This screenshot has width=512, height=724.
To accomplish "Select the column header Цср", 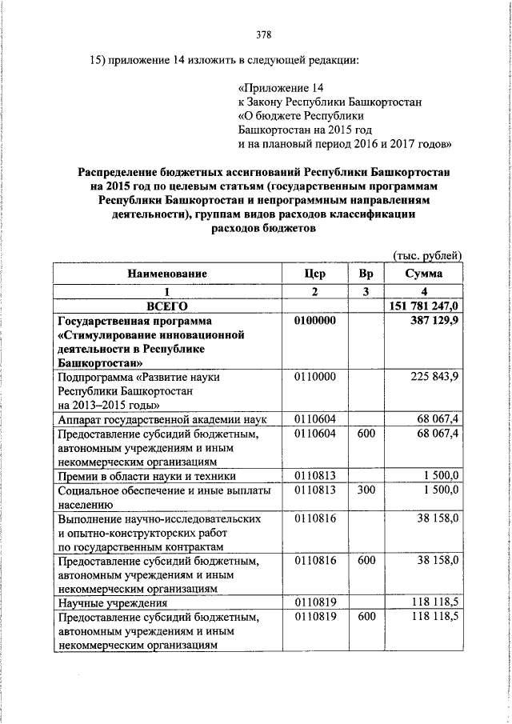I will tap(315, 274).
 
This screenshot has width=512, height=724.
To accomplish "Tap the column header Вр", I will tap(366, 274).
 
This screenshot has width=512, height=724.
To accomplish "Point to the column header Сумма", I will tap(424, 274).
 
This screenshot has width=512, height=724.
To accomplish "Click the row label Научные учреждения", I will tap(112, 602).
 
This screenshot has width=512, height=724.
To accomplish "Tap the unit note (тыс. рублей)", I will tap(427, 255).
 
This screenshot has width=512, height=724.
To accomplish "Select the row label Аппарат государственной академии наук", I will tap(161, 420).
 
